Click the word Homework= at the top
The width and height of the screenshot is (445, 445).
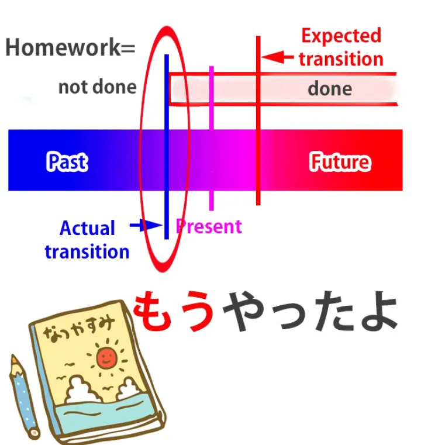click(70, 47)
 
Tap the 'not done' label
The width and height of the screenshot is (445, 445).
click(97, 87)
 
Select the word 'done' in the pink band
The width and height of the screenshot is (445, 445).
click(330, 89)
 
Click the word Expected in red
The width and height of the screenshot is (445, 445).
click(341, 36)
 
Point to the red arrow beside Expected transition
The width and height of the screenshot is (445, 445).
click(277, 57)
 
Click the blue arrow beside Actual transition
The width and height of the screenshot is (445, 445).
click(146, 226)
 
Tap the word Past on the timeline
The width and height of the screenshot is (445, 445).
click(67, 162)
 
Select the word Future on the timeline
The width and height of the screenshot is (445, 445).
click(340, 162)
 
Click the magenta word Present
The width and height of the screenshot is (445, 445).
click(209, 226)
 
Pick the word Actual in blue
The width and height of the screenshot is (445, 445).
click(87, 228)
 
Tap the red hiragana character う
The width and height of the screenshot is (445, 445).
click(197, 311)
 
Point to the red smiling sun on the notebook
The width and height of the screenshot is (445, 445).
click(106, 358)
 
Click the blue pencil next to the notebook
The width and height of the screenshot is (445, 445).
click(24, 396)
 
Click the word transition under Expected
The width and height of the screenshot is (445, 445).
click(341, 59)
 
